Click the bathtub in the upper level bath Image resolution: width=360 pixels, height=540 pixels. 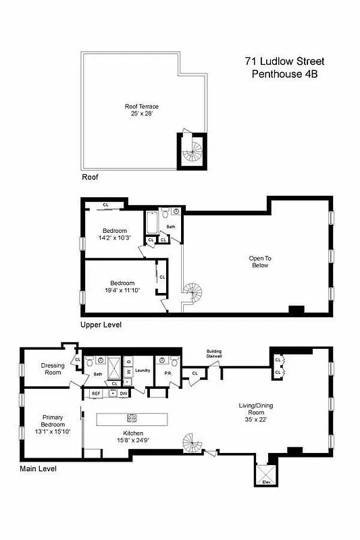click(151, 222)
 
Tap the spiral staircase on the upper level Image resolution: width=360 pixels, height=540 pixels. click(193, 295)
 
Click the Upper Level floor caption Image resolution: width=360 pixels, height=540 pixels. click(101, 325)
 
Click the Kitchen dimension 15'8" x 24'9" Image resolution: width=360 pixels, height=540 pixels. click(132, 439)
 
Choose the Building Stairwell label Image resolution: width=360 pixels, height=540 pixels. click(214, 353)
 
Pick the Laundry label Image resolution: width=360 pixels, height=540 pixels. click(143, 370)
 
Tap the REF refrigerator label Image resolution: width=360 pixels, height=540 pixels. click(96, 392)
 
